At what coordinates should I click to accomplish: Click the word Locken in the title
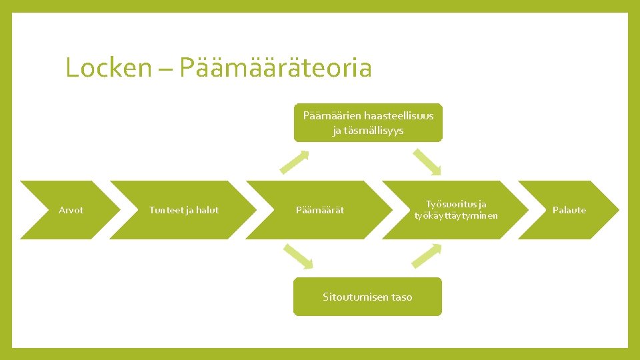(109, 68)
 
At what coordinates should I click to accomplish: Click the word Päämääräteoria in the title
(275, 68)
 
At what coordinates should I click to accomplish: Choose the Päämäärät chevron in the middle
(320, 210)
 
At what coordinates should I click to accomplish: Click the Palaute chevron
(569, 210)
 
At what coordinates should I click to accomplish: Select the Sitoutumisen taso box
(367, 297)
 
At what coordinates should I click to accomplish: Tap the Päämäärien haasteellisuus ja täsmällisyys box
(368, 123)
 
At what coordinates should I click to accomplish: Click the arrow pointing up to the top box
(295, 161)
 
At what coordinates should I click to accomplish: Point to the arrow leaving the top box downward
(427, 161)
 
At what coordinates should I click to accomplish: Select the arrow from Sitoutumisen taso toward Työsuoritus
(427, 256)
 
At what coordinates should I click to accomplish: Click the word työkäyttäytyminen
(456, 215)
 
